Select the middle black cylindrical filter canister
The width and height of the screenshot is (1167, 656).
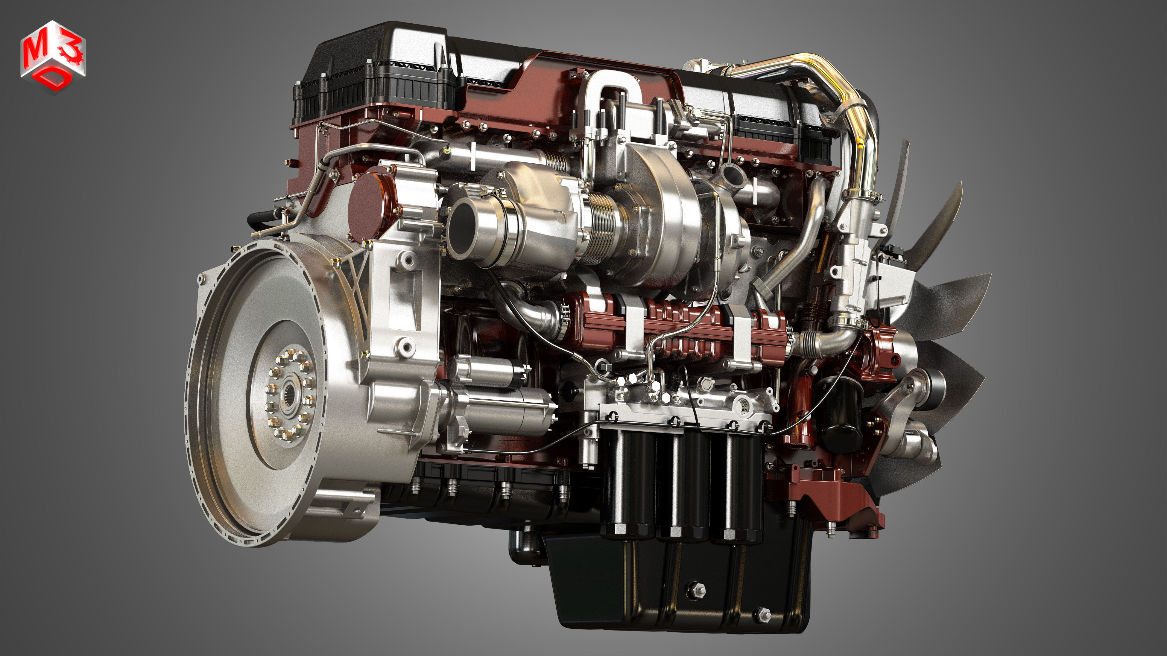(682, 484)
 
